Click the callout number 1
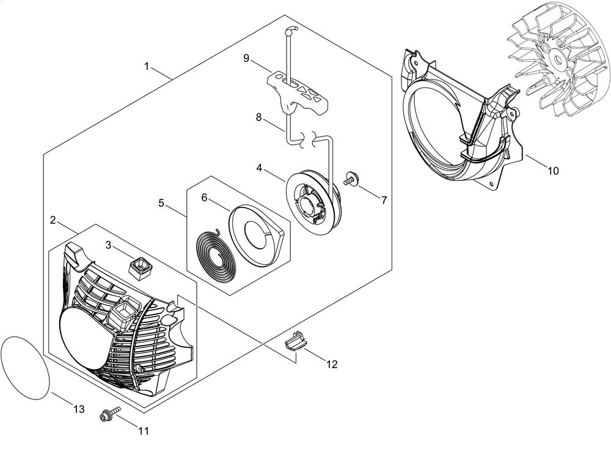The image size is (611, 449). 147,67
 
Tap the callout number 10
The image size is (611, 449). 553,171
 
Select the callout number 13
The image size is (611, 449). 79,409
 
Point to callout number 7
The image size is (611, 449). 384,200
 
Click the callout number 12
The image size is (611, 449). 332,365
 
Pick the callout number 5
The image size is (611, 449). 161,203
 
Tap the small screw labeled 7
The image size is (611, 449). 351,179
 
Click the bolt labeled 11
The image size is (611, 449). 110,414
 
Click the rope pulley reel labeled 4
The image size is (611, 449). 313,201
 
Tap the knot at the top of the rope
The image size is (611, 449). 291,30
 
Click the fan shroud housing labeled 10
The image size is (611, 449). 461,120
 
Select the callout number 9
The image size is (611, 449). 246,58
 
